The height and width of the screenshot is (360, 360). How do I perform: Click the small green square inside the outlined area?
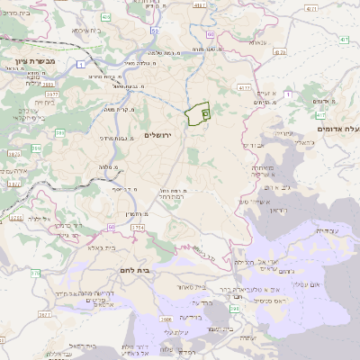pyautogui.click(x=205, y=114)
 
